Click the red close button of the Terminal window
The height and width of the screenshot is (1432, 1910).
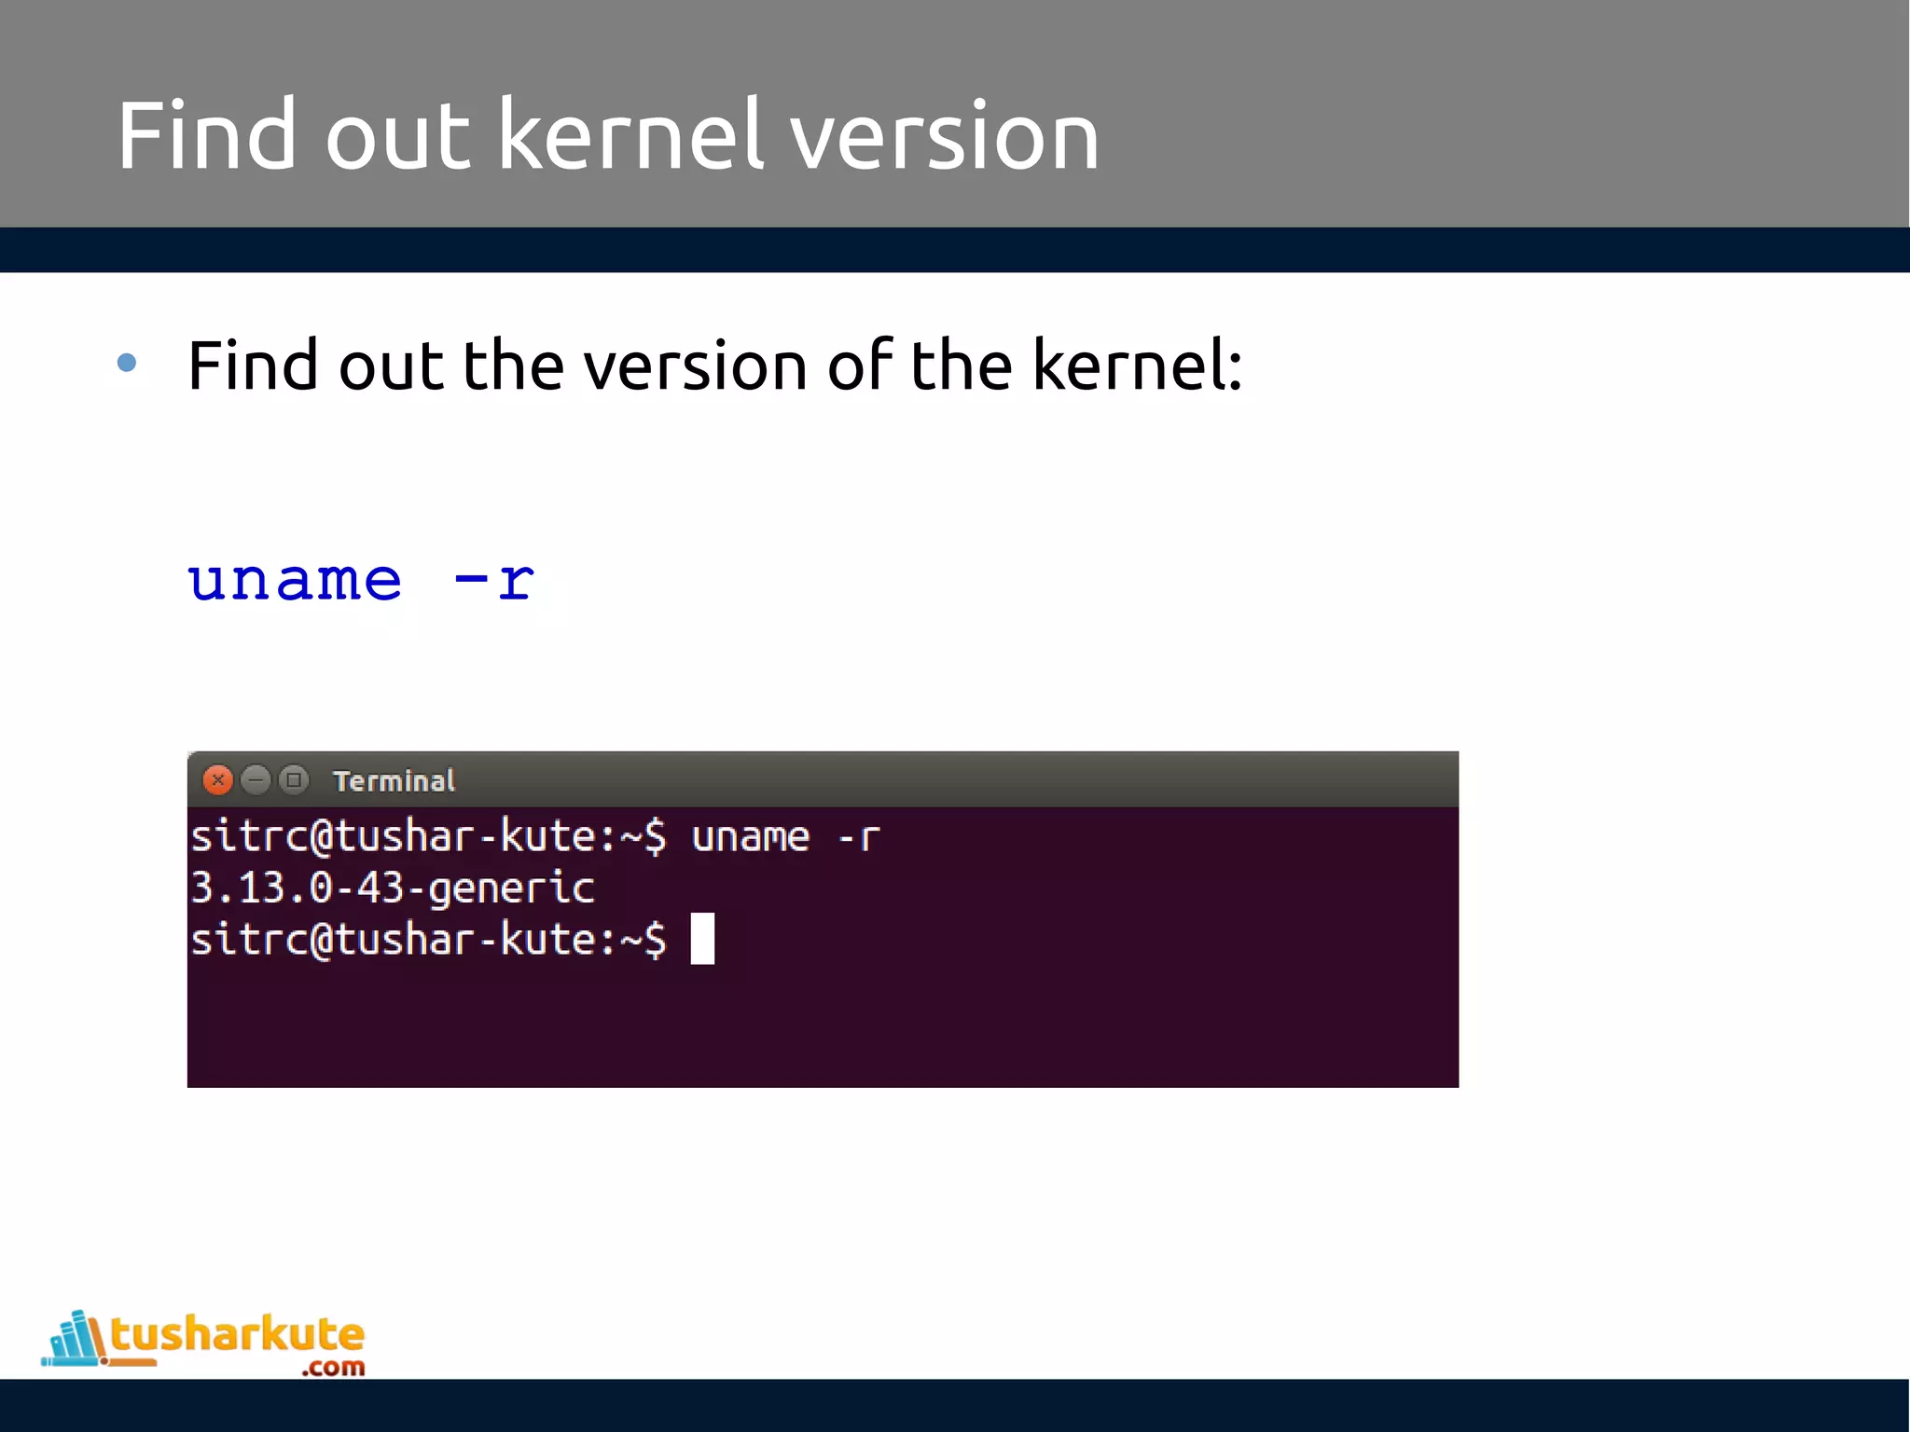coord(217,779)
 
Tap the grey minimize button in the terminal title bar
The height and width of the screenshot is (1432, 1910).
coord(256,779)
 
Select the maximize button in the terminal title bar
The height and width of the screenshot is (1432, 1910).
coord(294,779)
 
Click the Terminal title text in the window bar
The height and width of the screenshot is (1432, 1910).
coord(394,781)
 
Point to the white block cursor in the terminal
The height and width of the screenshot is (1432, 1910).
coord(702,939)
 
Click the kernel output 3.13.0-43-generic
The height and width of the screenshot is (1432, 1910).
coord(392,888)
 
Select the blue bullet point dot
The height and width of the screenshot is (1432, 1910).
coord(128,363)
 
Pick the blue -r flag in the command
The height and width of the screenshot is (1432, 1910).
coord(494,580)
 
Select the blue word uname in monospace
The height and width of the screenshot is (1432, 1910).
coord(295,580)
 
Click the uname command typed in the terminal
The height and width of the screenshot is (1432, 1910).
coord(750,836)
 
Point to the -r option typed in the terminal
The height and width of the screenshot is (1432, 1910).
coord(859,836)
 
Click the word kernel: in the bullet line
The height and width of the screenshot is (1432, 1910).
coord(1137,365)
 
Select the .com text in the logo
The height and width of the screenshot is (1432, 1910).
coord(333,1368)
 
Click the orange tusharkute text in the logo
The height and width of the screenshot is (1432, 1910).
coord(237,1334)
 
